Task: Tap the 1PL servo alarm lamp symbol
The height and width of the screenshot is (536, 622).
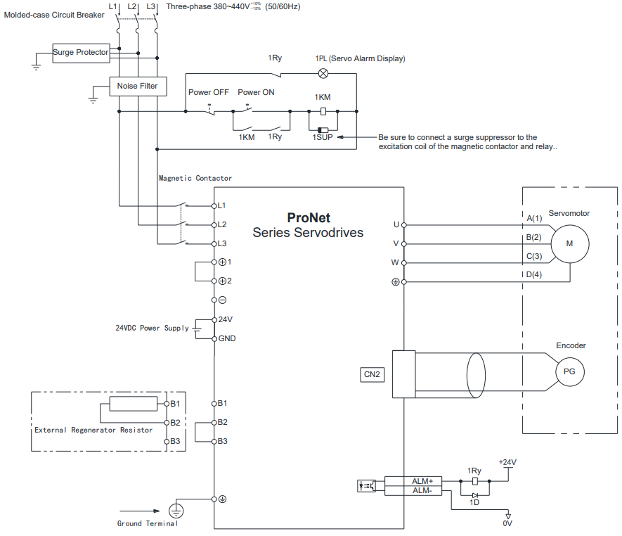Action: pyautogui.click(x=324, y=73)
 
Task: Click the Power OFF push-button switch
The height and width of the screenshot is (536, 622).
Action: pyautogui.click(x=210, y=110)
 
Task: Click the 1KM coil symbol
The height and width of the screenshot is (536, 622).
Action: pyautogui.click(x=323, y=112)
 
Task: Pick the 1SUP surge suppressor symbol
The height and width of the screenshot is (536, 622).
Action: pyautogui.click(x=323, y=130)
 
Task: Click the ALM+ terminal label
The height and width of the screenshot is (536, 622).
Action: pyautogui.click(x=422, y=481)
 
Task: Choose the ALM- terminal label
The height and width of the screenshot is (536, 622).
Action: pyautogui.click(x=422, y=491)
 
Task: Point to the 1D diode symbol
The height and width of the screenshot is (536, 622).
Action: pyautogui.click(x=475, y=495)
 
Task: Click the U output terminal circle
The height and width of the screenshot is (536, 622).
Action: pyautogui.click(x=404, y=225)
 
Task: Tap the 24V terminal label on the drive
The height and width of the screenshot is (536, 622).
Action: pyautogui.click(x=226, y=319)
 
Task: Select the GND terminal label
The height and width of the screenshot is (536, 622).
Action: pyautogui.click(x=227, y=338)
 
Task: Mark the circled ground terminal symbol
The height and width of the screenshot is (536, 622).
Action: pyautogui.click(x=176, y=511)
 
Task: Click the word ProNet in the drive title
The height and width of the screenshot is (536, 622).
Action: pyautogui.click(x=309, y=217)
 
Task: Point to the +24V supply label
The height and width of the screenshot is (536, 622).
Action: pyautogui.click(x=507, y=462)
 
